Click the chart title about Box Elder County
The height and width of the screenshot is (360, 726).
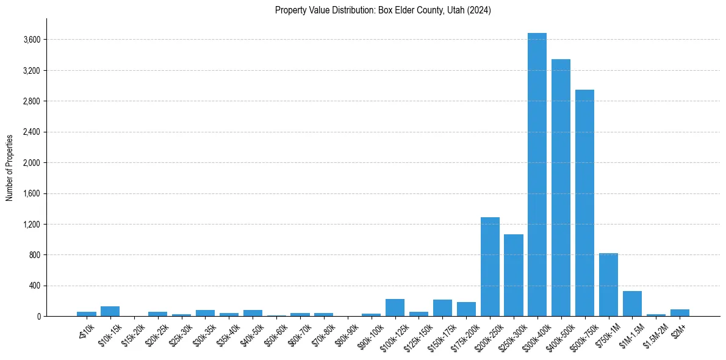coord(383,10)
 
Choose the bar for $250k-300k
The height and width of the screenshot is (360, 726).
coord(514,275)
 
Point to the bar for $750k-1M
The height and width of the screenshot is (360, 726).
coord(608,284)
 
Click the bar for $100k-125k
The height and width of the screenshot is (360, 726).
coord(395,308)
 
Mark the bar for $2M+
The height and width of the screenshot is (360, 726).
coord(680,312)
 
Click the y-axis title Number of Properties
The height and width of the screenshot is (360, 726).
coord(10,167)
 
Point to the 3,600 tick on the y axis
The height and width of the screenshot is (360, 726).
coord(32,40)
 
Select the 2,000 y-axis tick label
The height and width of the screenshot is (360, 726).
coord(32,163)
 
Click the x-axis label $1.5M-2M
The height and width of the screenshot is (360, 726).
coord(656,335)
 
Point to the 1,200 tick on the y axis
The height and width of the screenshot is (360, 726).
coord(32,224)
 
